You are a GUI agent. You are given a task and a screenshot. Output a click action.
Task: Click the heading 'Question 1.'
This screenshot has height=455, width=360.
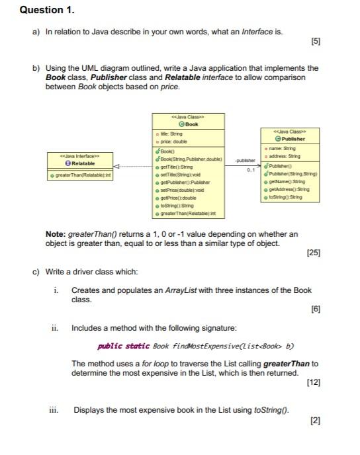pyautogui.click(x=48, y=11)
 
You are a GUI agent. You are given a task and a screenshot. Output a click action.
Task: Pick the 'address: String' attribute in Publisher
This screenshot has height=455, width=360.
pyautogui.click(x=285, y=156)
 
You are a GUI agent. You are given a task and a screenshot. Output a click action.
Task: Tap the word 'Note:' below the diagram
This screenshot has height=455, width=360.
pyautogui.click(x=54, y=233)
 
